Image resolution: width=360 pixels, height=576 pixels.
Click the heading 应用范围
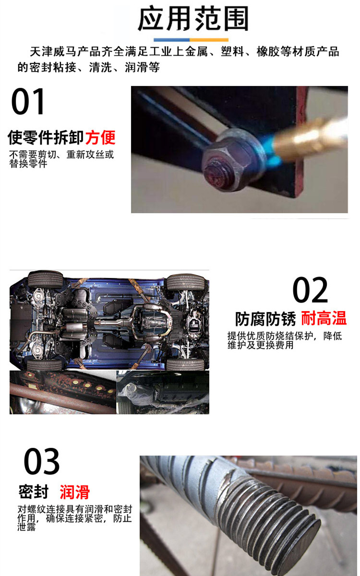pos(193,19)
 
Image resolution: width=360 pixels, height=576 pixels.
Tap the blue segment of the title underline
pos(172,40)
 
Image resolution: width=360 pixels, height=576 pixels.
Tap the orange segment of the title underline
pos(209,40)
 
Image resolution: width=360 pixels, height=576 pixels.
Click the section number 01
pos(28,101)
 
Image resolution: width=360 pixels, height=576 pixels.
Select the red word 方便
pos(100,138)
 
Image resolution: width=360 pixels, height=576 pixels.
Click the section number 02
pos(310,290)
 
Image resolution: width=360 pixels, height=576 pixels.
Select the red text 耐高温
pos(324,318)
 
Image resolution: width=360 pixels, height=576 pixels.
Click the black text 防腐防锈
pos(265,319)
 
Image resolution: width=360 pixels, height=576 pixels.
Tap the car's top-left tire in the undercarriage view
pos(45,279)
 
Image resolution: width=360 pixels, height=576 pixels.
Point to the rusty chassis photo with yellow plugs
pos(63,393)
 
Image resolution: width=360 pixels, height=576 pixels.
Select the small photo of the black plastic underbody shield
pos(163,393)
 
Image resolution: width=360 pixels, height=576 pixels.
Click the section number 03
pos(42,461)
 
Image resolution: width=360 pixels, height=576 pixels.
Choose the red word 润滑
pos(74,492)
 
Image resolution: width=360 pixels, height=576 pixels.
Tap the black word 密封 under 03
pos(34,492)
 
